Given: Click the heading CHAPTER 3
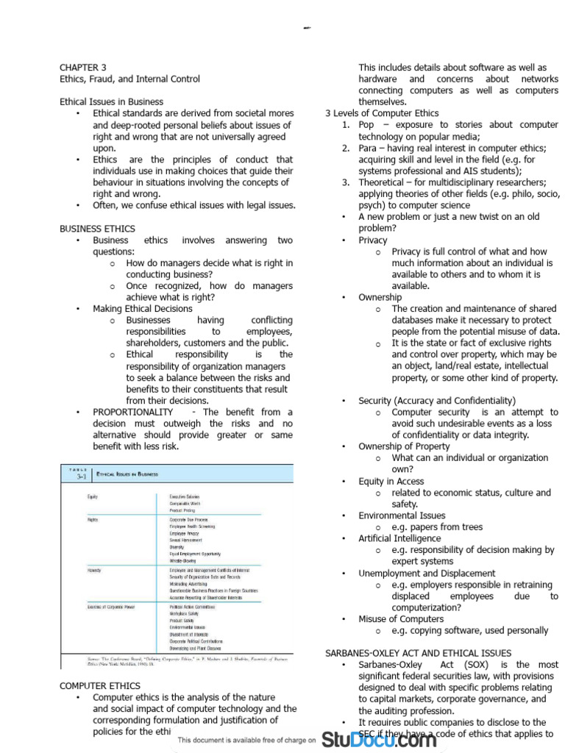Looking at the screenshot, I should tap(83, 67).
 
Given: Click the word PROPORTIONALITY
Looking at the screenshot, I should tap(133, 412).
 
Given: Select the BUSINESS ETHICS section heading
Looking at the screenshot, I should tap(97, 229).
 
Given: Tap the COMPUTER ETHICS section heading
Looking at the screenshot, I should tap(100, 686).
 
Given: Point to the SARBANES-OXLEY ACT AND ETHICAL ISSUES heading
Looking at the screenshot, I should tap(418, 653).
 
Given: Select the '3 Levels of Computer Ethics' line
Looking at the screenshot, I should tap(382, 113).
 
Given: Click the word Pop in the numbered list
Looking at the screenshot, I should tap(366, 125).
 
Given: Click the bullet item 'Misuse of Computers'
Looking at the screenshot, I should tap(401, 618).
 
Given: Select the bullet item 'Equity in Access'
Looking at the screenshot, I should tap(391, 481).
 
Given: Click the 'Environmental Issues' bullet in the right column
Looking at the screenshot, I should tap(402, 515).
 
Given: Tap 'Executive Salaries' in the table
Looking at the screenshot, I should tap(185, 497).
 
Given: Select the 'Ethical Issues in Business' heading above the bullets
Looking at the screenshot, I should tap(111, 101).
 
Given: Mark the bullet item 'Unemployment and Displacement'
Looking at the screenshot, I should tap(427, 573).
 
